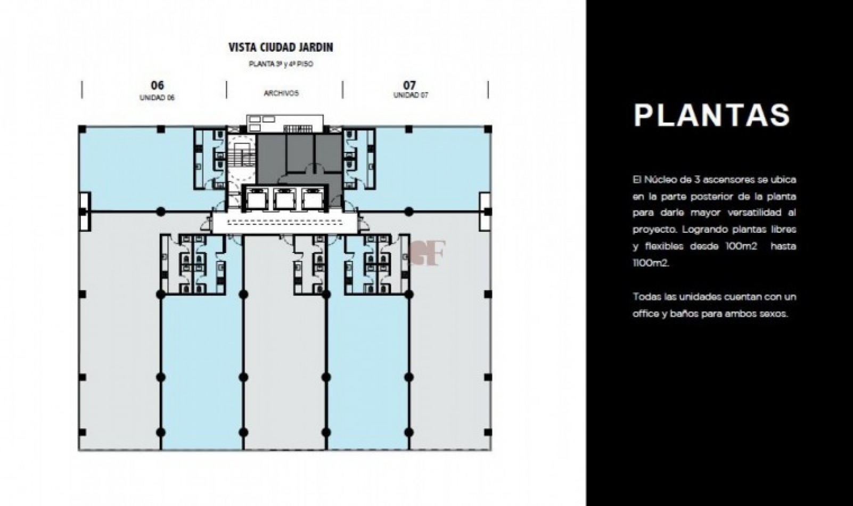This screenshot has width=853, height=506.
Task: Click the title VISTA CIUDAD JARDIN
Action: [281, 47]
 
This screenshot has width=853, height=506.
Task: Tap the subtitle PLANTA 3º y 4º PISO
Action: [281, 64]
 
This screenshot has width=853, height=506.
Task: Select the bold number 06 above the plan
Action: [157, 85]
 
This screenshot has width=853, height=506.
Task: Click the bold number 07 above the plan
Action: [409, 85]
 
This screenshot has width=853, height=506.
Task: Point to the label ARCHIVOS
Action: [282, 93]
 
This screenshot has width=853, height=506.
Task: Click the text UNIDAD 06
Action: [157, 97]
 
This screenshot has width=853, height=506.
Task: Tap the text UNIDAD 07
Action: [411, 95]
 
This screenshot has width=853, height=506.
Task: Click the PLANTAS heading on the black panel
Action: [712, 115]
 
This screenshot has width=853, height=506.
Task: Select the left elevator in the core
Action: [256, 199]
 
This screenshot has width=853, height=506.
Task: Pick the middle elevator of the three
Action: [284, 199]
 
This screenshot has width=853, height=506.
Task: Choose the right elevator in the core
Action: [312, 199]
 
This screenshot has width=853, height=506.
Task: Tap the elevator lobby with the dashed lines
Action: [284, 223]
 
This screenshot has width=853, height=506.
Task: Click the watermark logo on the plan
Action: [427, 253]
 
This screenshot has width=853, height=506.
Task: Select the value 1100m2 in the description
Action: [651, 263]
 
